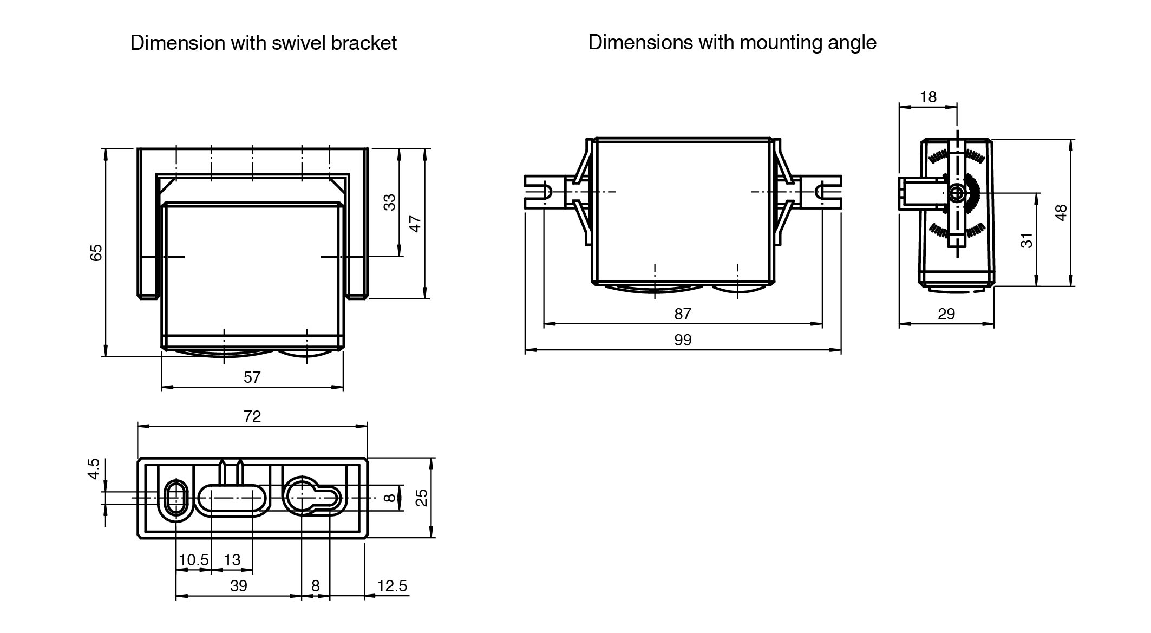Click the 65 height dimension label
(96, 252)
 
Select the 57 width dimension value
(252, 377)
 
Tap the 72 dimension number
(252, 416)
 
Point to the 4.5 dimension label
(94, 468)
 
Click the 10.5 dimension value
(193, 559)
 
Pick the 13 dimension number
(232, 559)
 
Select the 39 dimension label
(238, 585)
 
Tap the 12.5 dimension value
(392, 585)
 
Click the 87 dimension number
(683, 314)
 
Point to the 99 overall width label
(683, 340)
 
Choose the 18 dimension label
(928, 96)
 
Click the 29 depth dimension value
(946, 314)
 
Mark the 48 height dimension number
(1061, 212)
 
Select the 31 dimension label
(1026, 240)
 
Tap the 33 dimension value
(389, 202)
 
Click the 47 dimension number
(415, 223)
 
